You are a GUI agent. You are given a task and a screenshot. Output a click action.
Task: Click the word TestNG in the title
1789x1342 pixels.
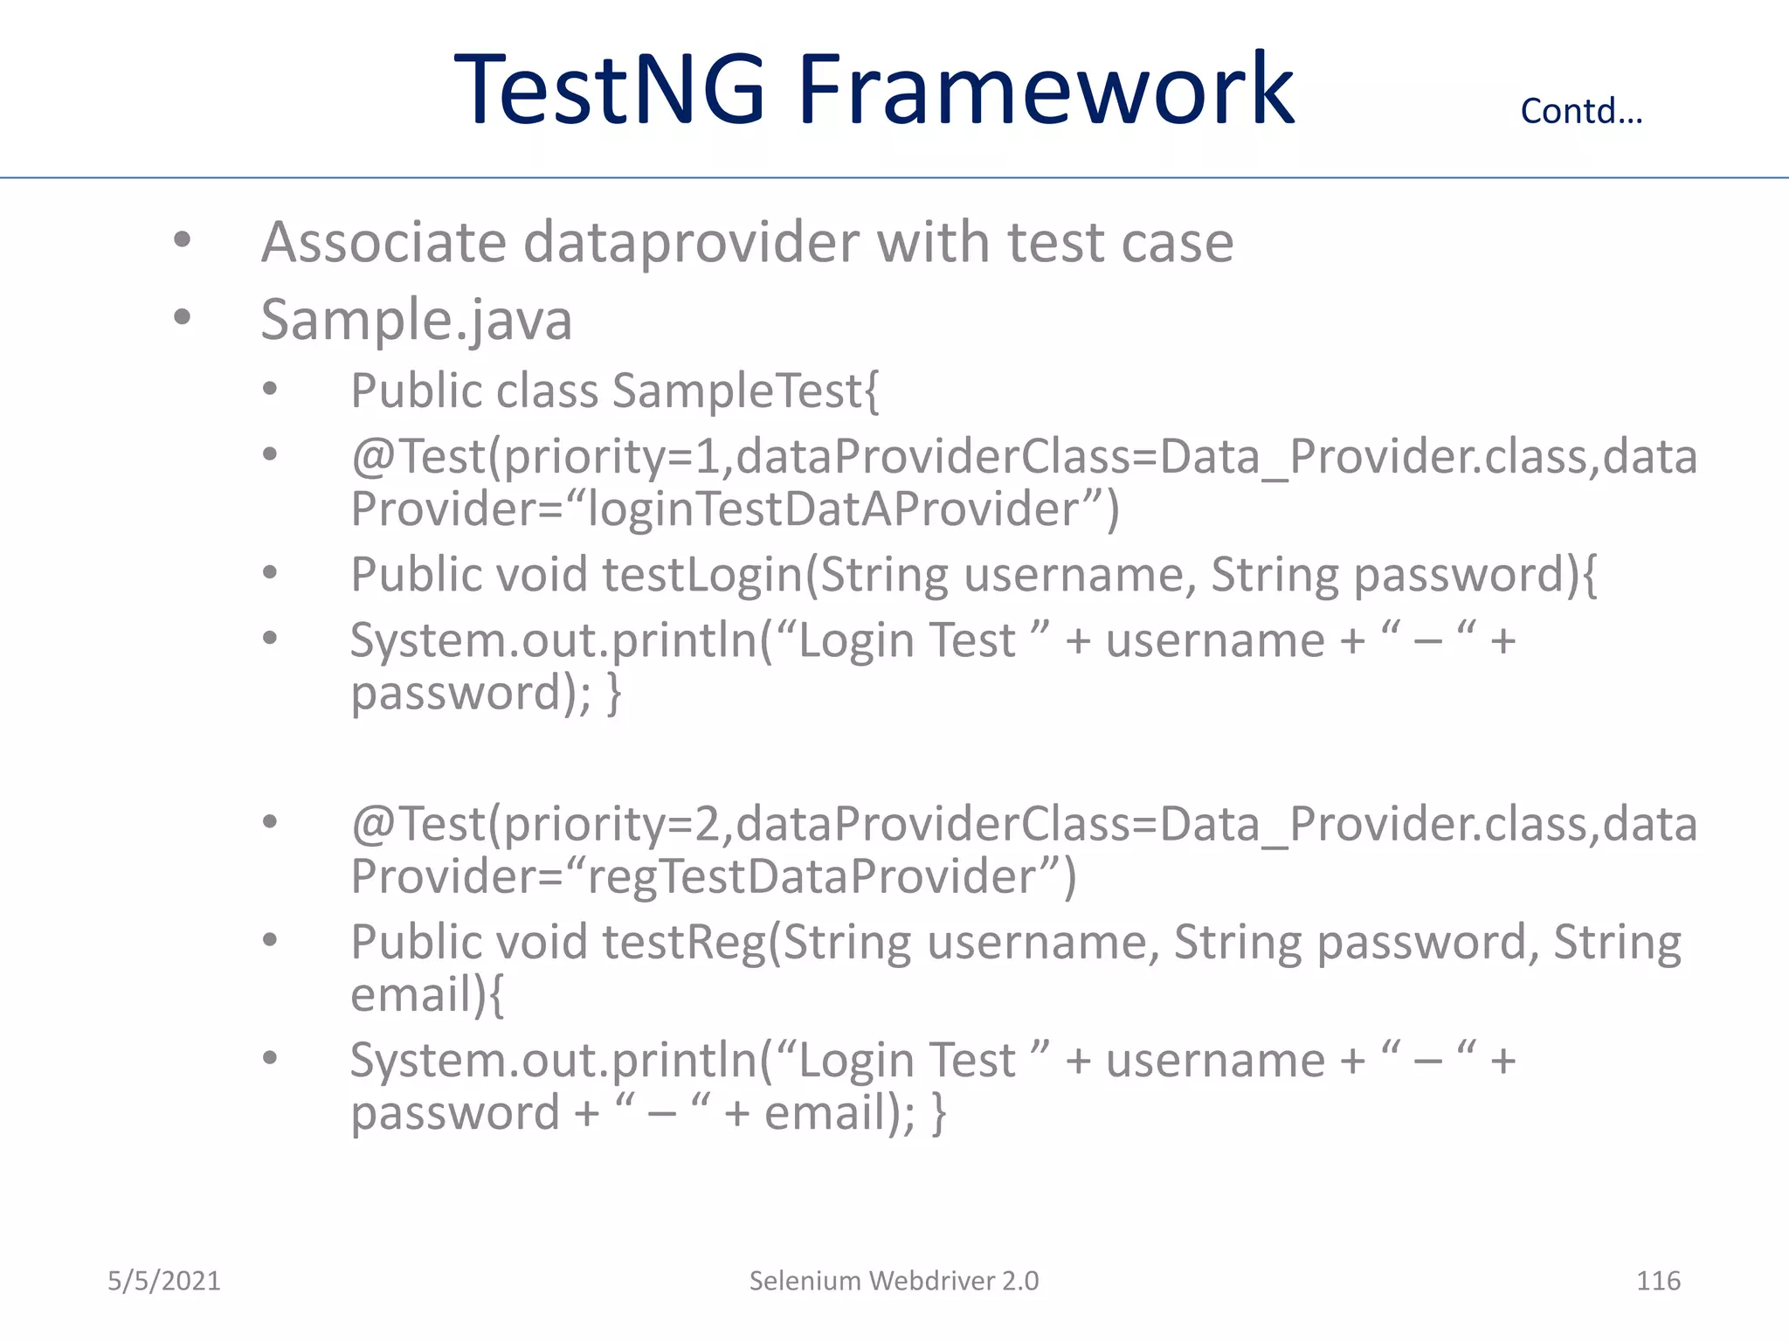609,89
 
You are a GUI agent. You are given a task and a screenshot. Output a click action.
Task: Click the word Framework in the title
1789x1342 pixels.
1046,89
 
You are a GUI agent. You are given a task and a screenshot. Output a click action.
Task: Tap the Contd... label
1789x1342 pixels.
1581,112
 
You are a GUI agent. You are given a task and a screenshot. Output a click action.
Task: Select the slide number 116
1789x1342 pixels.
1657,1281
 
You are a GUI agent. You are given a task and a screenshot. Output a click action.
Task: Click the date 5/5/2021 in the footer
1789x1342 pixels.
164,1281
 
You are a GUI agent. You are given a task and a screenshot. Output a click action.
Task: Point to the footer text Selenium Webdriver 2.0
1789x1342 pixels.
894,1281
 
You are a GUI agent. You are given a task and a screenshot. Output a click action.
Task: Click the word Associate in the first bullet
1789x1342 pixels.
383,242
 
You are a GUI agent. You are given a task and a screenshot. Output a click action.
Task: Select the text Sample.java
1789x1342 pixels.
417,320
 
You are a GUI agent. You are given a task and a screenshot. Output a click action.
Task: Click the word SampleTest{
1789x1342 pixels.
745,391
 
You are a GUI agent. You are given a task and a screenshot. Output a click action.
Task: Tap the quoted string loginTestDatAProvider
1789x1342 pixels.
834,509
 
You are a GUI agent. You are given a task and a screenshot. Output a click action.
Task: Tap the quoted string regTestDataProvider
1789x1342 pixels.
812,876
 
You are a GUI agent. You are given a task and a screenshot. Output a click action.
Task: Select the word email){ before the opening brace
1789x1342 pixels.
427,995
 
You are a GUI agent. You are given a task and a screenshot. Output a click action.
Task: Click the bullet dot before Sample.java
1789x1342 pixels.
182,318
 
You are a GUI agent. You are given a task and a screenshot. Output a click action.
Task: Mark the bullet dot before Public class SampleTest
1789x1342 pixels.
270,390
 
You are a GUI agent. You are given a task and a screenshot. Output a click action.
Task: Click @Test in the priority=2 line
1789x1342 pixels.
418,824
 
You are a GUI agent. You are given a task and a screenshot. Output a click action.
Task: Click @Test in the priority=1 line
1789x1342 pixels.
418,457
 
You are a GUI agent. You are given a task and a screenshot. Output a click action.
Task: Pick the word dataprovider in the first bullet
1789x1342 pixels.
690,242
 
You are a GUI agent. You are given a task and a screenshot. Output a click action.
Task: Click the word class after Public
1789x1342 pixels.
547,391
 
